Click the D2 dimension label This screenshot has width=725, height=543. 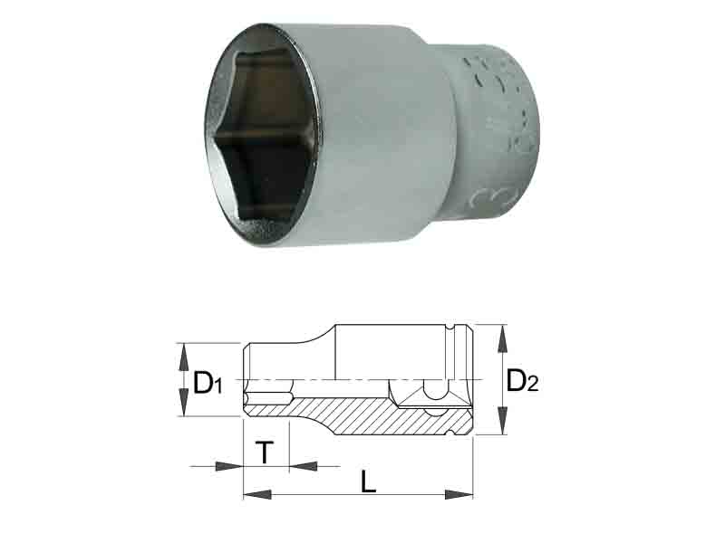tap(522, 381)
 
